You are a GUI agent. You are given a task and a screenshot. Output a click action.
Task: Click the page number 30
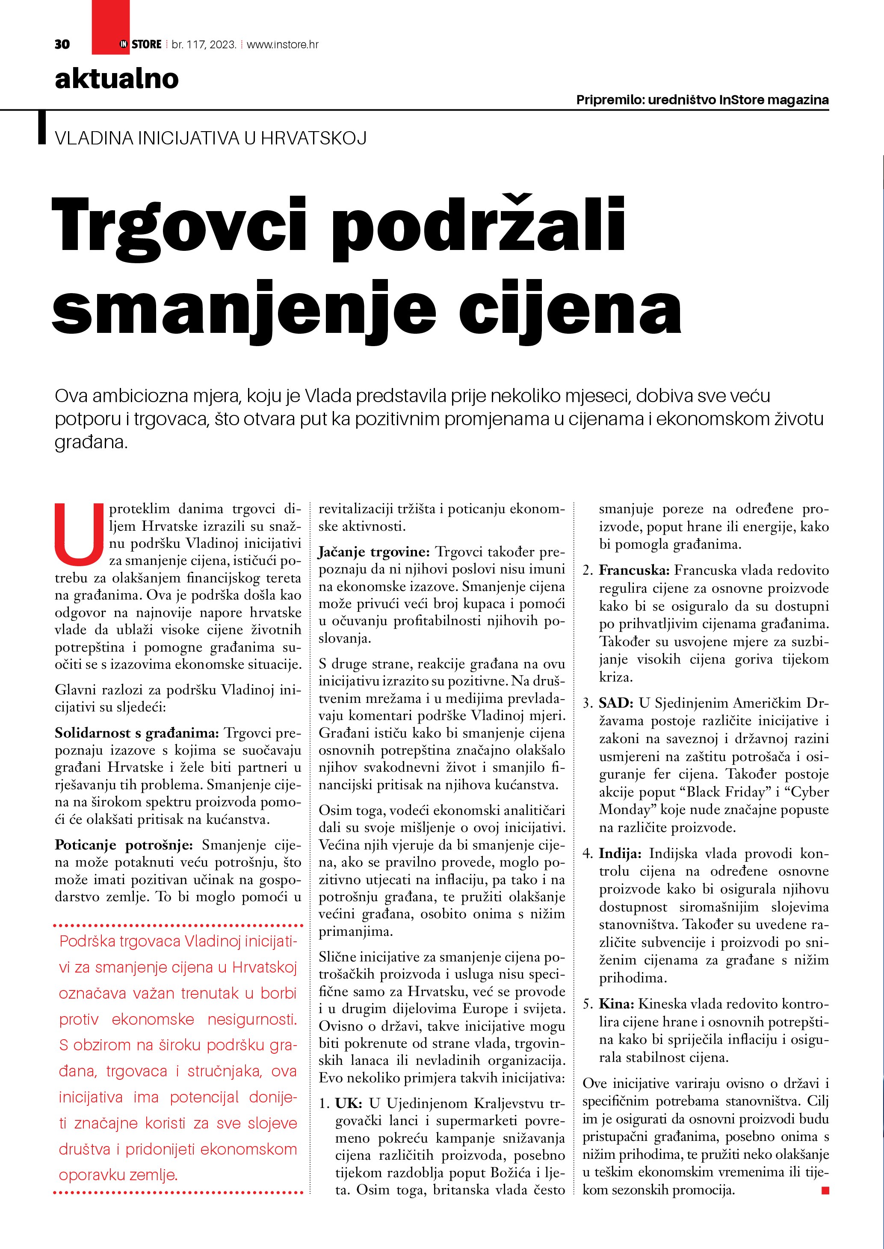pyautogui.click(x=62, y=44)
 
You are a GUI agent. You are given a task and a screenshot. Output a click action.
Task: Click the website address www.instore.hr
pyautogui.click(x=283, y=44)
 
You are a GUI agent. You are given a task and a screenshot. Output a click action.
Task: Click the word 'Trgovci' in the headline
pyautogui.click(x=180, y=225)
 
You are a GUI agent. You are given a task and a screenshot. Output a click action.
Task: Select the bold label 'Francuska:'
pyautogui.click(x=634, y=570)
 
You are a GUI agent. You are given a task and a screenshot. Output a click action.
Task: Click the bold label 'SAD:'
pyautogui.click(x=616, y=703)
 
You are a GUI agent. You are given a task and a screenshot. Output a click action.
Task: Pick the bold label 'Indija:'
pyautogui.click(x=621, y=853)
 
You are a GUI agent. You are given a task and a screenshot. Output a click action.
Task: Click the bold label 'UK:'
pyautogui.click(x=349, y=1103)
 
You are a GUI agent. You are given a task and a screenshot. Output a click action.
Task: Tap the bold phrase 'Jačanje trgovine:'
pyautogui.click(x=374, y=552)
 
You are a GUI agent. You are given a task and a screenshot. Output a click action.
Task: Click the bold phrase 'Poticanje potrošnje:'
pyautogui.click(x=124, y=845)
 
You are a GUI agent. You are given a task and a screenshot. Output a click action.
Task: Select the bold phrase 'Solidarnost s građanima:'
pyautogui.click(x=136, y=733)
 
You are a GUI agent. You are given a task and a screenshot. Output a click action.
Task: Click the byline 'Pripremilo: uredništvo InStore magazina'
pyautogui.click(x=702, y=100)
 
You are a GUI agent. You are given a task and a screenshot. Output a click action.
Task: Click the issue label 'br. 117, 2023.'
pyautogui.click(x=204, y=44)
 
